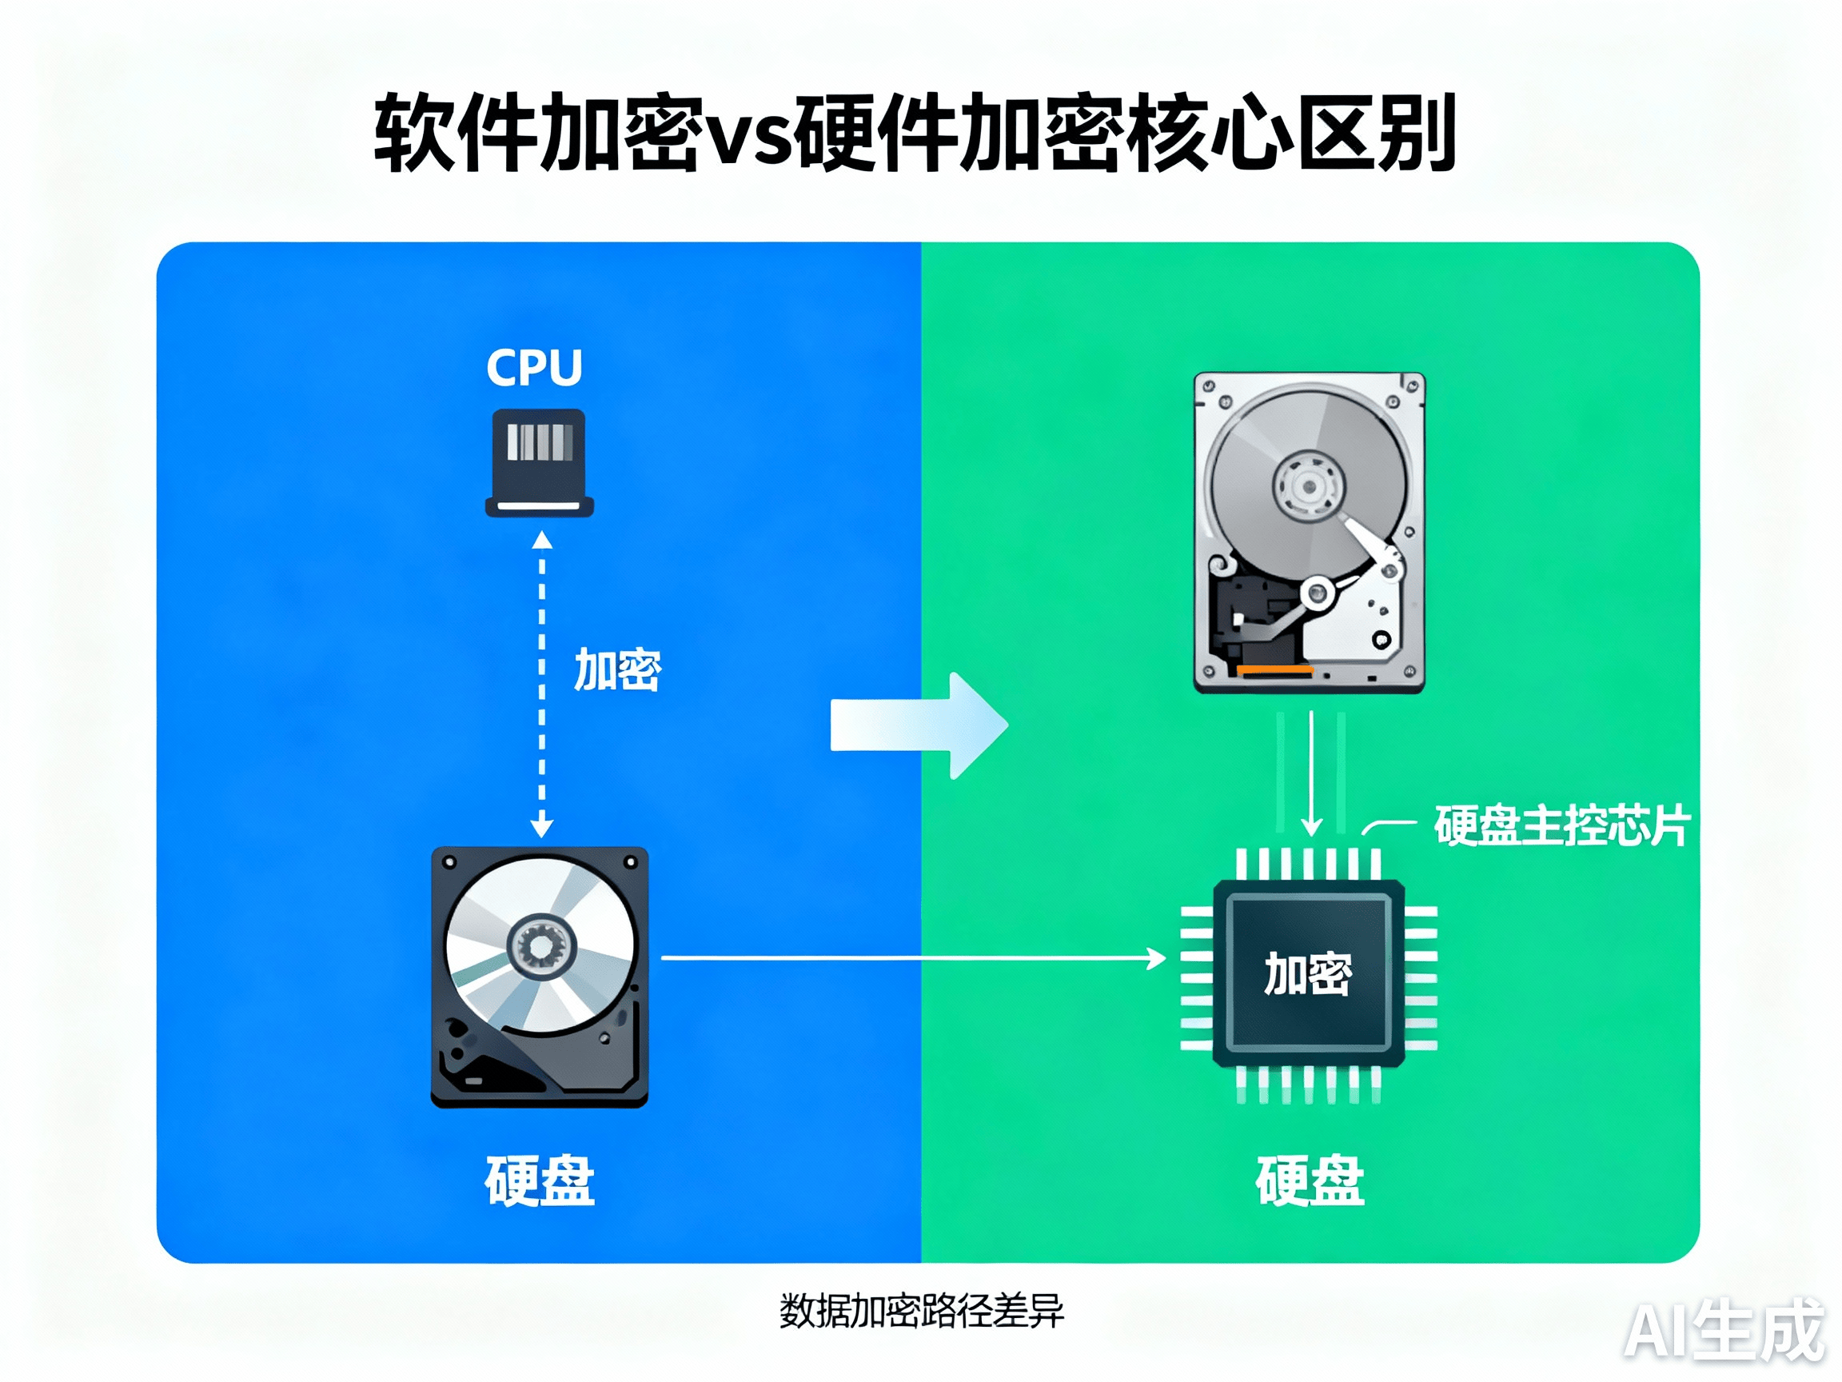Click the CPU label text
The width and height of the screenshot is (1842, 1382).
click(534, 367)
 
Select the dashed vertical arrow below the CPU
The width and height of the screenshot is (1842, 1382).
click(542, 684)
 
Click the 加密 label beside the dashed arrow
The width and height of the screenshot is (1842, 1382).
click(617, 669)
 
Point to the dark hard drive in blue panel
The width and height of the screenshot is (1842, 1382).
click(540, 977)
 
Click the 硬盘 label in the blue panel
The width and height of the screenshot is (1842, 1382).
click(540, 1180)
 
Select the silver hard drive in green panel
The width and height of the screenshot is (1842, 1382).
click(1309, 533)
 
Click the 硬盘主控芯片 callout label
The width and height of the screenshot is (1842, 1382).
click(1561, 825)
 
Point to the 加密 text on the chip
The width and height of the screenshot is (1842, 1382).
click(1307, 974)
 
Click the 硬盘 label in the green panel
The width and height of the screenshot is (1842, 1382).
click(1309, 1180)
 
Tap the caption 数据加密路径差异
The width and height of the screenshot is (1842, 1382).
click(921, 1311)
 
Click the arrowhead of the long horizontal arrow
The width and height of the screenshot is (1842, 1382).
click(1158, 959)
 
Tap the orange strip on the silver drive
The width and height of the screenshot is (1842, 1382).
click(1275, 669)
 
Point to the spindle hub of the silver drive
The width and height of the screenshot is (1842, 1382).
click(1308, 485)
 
